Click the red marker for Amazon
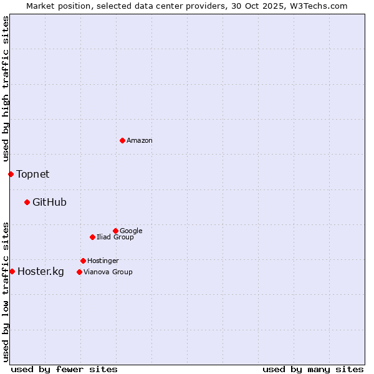(122, 140)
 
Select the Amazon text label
(140, 141)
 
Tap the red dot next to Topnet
(11, 174)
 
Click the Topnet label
(32, 174)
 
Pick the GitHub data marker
(27, 202)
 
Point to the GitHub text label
(49, 202)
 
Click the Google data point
(115, 231)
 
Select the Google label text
(131, 231)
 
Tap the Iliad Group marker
(92, 237)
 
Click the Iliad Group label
(115, 237)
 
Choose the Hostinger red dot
(83, 261)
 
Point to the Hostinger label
(103, 261)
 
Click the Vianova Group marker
(79, 272)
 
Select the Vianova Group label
(108, 272)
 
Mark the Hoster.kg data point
(12, 271)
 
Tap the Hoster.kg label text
(41, 271)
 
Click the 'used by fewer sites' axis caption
(64, 369)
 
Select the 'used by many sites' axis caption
(313, 369)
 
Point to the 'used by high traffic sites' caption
(6, 89)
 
